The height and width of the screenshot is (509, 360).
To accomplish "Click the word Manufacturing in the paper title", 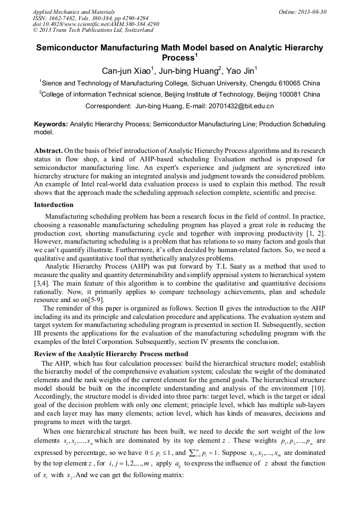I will tap(124, 48).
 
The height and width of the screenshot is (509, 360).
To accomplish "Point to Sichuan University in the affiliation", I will tap(220, 83).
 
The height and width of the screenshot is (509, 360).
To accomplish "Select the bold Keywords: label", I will tap(50, 124).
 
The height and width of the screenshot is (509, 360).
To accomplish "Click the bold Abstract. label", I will tap(49, 151).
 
